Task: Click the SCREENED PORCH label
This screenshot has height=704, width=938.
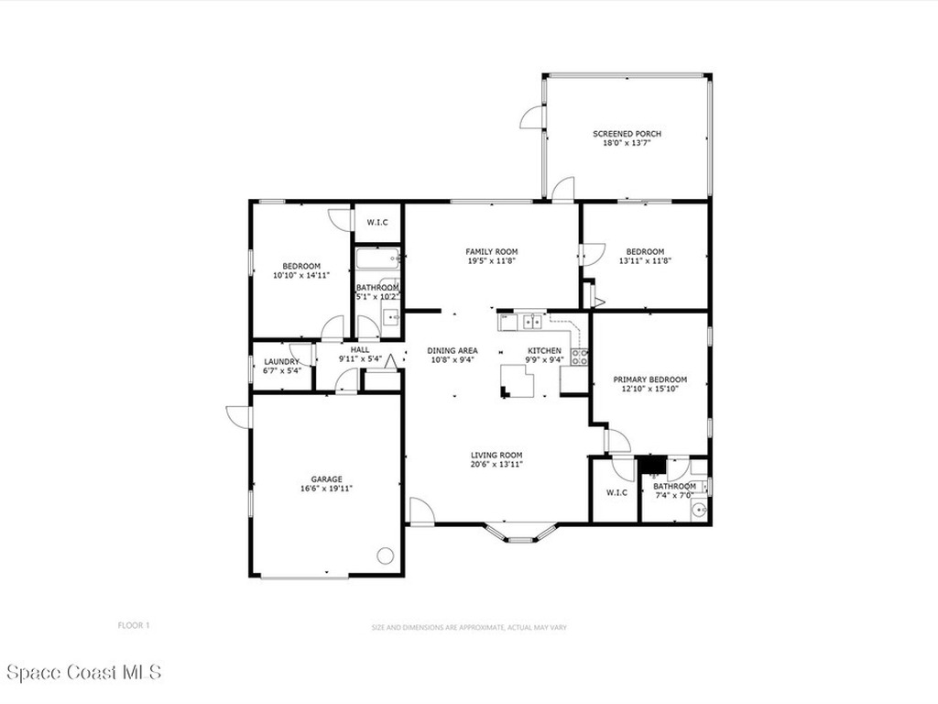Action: click(x=627, y=134)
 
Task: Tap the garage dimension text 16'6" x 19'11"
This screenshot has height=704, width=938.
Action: click(x=327, y=489)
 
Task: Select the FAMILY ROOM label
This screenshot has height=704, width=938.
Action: click(x=492, y=251)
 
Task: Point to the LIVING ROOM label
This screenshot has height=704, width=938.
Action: click(x=496, y=455)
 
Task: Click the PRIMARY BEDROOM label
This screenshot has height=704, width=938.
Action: click(x=650, y=379)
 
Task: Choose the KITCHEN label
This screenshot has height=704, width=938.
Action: click(x=544, y=351)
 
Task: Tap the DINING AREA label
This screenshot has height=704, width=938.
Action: click(x=453, y=351)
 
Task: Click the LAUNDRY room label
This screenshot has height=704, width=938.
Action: click(x=282, y=361)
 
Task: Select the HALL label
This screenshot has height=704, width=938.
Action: click(x=360, y=349)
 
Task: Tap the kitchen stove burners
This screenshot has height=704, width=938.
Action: click(x=580, y=357)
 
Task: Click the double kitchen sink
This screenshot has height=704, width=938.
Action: click(x=532, y=322)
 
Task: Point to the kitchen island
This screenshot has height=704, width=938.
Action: click(x=518, y=381)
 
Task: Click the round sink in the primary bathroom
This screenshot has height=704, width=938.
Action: click(x=698, y=510)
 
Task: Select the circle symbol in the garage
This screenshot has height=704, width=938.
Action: click(x=385, y=555)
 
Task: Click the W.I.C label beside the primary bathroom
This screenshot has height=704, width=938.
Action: click(x=616, y=492)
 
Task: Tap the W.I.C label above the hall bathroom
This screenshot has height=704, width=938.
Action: click(x=377, y=222)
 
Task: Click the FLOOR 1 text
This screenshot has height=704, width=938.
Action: click(x=134, y=625)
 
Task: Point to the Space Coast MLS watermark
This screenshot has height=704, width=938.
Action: click(x=84, y=672)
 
